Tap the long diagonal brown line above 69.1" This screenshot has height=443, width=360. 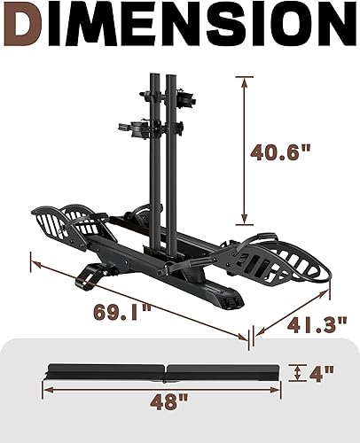[x=137, y=297]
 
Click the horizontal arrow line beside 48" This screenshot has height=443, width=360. [x=89, y=410]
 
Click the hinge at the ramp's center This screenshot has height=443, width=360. [x=164, y=370]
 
